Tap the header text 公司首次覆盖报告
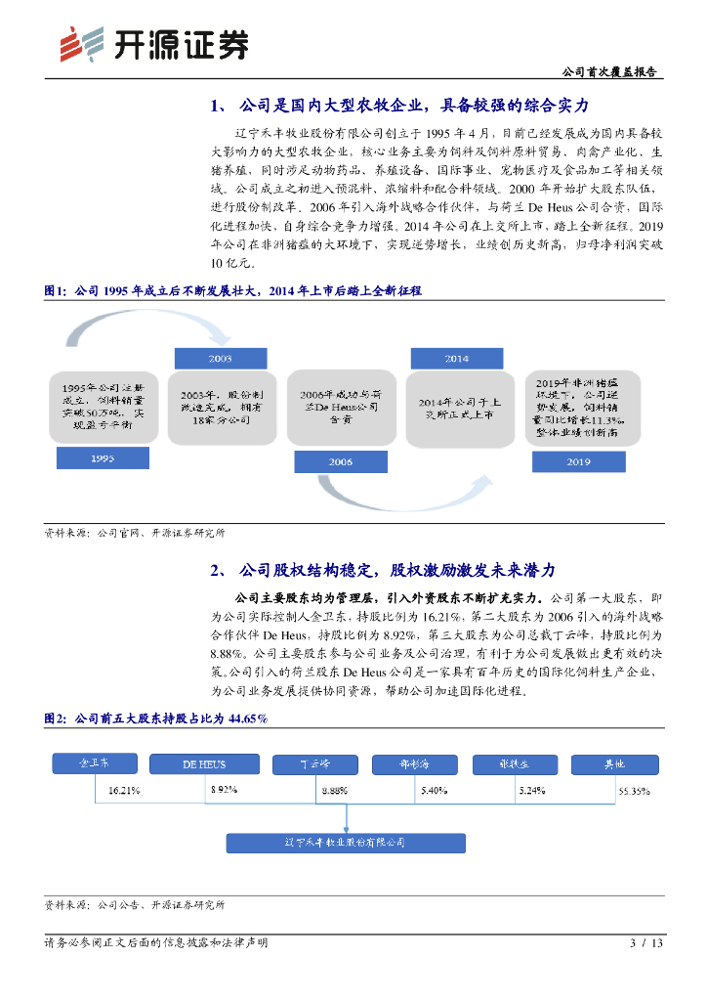tap(610, 73)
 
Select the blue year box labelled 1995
tap(103, 457)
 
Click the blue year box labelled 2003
tap(221, 359)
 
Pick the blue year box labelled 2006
tap(340, 460)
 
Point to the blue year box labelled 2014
tap(457, 359)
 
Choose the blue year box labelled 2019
tap(578, 460)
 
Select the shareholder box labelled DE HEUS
tap(204, 764)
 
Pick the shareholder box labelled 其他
tap(612, 764)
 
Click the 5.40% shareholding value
tap(434, 789)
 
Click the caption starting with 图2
tap(156, 718)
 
